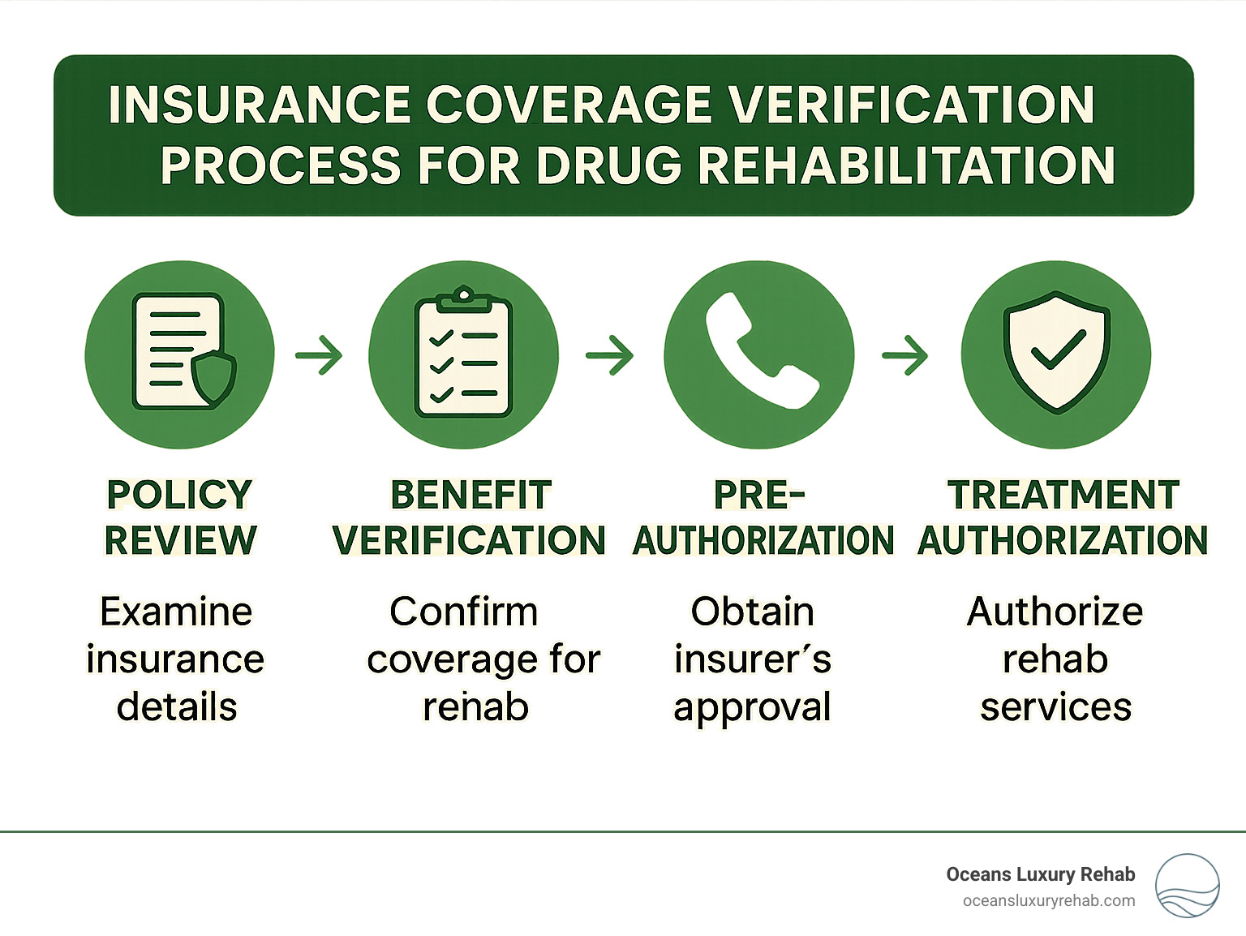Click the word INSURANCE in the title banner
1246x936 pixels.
tap(260, 105)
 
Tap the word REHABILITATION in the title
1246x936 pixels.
tap(906, 165)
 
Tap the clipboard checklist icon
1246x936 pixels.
tap(463, 354)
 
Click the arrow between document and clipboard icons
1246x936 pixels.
tap(320, 354)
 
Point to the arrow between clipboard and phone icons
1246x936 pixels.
tap(610, 354)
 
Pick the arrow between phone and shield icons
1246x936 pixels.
tap(905, 354)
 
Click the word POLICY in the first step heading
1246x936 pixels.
tap(179, 495)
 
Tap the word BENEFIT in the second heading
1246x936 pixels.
tap(470, 495)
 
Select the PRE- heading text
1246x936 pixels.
tap(759, 495)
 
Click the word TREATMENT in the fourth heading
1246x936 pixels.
tap(1063, 495)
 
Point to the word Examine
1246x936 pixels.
tap(176, 612)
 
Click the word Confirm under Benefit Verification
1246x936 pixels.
tap(463, 612)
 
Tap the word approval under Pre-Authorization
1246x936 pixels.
tap(752, 707)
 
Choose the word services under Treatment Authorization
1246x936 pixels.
tap(1055, 707)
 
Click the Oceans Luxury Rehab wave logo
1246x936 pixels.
tap(1187, 886)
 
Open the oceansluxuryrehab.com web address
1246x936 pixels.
tap(1048, 901)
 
